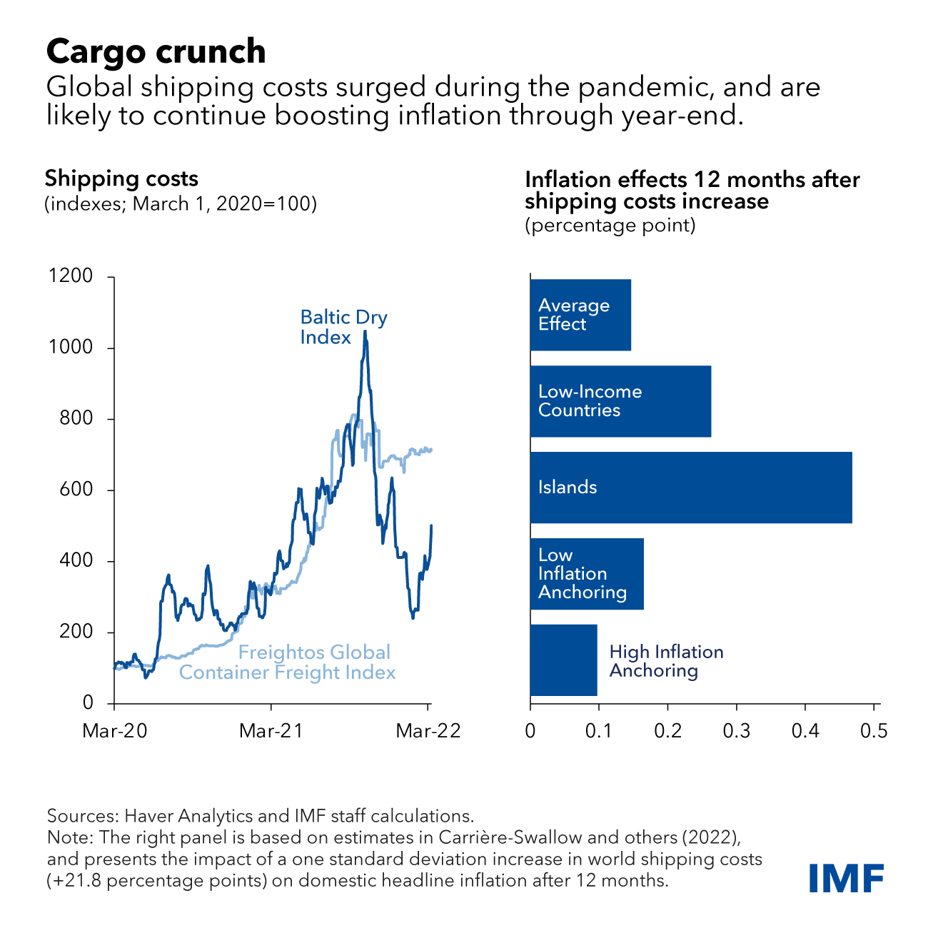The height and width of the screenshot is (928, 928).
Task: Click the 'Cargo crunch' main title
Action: tap(156, 51)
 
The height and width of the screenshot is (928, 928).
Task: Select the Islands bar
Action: tap(690, 488)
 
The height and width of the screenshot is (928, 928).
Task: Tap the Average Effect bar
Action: tap(580, 315)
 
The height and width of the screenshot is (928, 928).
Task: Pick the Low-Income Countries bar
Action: tap(620, 401)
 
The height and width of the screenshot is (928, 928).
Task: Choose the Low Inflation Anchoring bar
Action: tap(587, 574)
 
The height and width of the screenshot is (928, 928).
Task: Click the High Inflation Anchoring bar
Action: tap(564, 660)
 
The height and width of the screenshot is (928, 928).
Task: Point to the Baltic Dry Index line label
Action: tap(343, 327)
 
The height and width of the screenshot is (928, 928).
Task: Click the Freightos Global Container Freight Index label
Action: tap(287, 662)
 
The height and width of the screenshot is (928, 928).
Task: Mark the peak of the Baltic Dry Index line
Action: tap(365, 332)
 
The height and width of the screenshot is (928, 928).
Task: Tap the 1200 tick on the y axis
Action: tap(71, 276)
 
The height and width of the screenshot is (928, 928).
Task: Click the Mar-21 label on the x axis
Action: tap(271, 731)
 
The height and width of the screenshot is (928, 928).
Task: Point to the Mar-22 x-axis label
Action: tap(428, 731)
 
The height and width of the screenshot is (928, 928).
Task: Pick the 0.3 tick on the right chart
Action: tap(736, 731)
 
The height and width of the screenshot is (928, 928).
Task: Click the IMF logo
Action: tap(847, 878)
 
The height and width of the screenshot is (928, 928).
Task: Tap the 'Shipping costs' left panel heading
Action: tap(121, 178)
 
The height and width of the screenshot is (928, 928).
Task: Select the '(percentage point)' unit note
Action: tap(610, 226)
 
